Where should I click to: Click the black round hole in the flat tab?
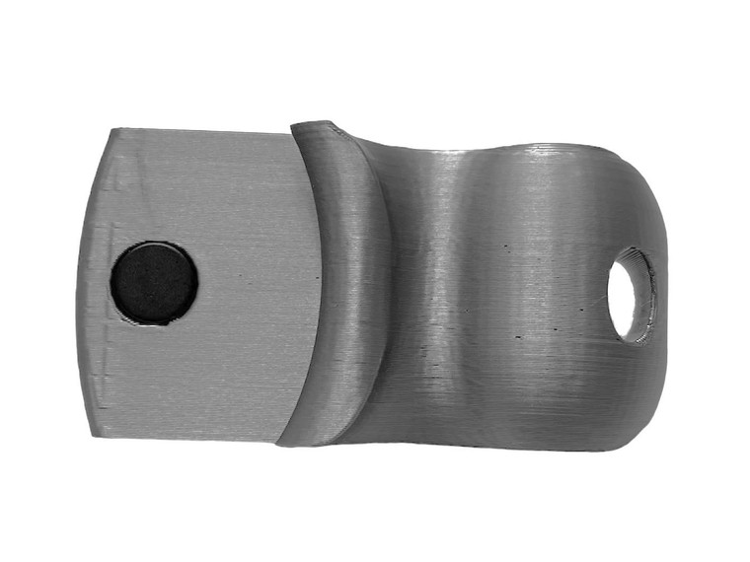pyautogui.click(x=153, y=283)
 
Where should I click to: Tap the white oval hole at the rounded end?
pyautogui.click(x=623, y=296)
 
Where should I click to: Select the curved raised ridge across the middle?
pyautogui.click(x=340, y=286)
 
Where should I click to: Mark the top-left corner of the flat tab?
pyautogui.click(x=112, y=130)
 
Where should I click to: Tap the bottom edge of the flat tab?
pyautogui.click(x=187, y=438)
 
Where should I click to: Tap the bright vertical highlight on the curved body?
pyautogui.click(x=449, y=296)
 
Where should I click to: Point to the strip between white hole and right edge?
pyautogui.click(x=660, y=296)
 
